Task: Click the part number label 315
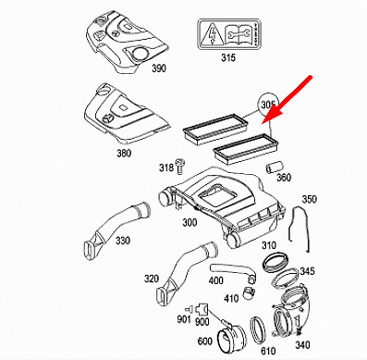228,57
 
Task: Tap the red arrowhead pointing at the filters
270,117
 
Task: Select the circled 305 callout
268,105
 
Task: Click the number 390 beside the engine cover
159,68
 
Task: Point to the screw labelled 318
178,166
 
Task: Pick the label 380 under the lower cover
124,153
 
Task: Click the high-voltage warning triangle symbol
213,35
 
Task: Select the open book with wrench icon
239,34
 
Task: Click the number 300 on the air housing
190,222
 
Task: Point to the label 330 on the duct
123,240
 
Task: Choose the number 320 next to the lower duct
152,279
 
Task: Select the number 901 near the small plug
184,319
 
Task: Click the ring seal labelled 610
258,329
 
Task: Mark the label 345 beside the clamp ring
307,271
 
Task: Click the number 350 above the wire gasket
309,199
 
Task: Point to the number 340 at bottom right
302,344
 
